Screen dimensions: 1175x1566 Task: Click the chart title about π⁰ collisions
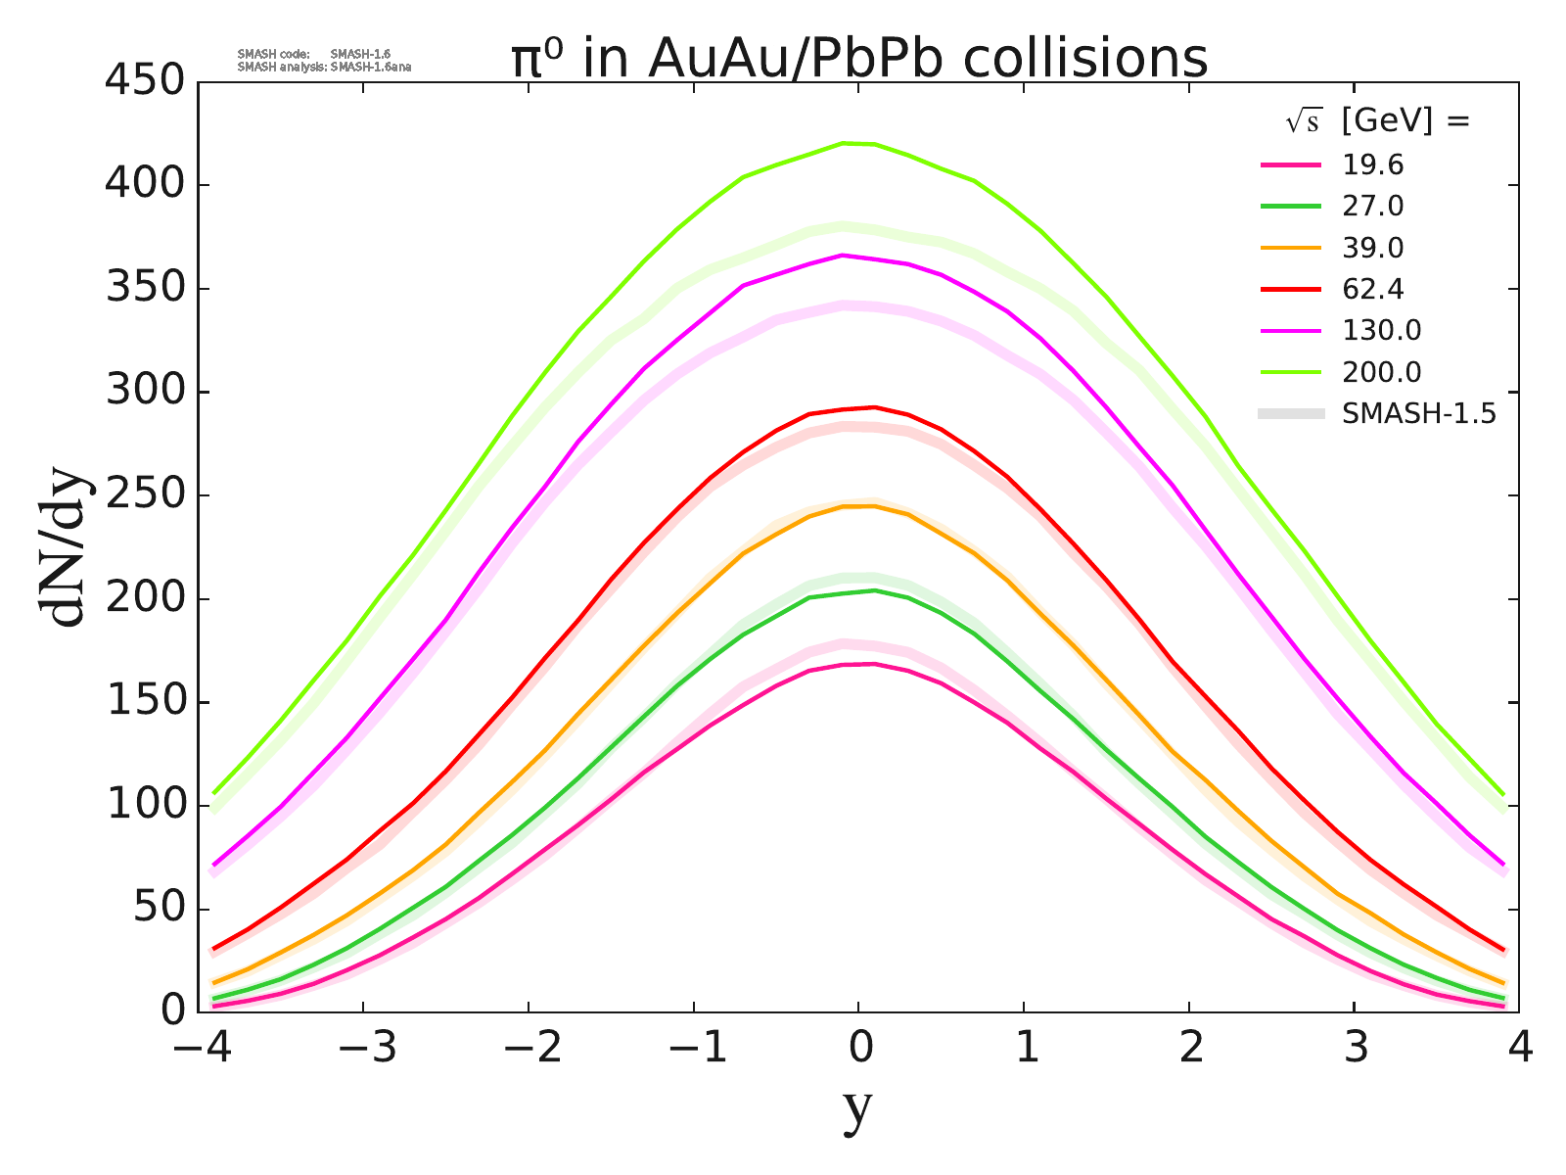[x=859, y=59]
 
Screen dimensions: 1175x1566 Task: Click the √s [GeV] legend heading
[x=1378, y=121]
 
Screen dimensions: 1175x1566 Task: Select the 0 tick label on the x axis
[x=860, y=1050]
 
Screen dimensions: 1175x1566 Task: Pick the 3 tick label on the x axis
[x=1355, y=1050]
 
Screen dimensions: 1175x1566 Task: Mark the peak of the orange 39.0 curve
[x=859, y=506]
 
